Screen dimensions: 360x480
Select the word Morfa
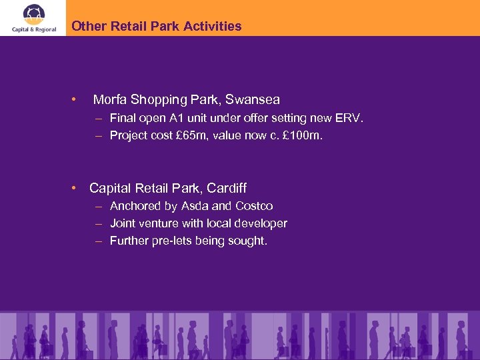(x=110, y=100)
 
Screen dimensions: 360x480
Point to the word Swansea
(x=253, y=100)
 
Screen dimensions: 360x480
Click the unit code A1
(x=190, y=118)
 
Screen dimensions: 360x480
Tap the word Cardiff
(x=225, y=188)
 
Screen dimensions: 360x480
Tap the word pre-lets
(x=173, y=241)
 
